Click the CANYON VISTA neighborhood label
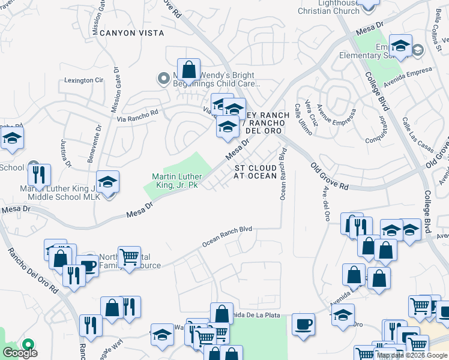click(x=126, y=33)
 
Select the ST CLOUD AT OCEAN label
click(x=255, y=172)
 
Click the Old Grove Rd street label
click(x=330, y=175)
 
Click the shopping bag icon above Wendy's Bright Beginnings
click(x=189, y=70)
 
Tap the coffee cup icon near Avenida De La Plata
click(x=303, y=324)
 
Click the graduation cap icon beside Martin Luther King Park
click(x=107, y=181)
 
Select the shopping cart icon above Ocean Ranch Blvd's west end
click(x=129, y=257)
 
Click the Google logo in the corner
click(x=20, y=353)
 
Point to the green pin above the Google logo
click(x=28, y=344)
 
